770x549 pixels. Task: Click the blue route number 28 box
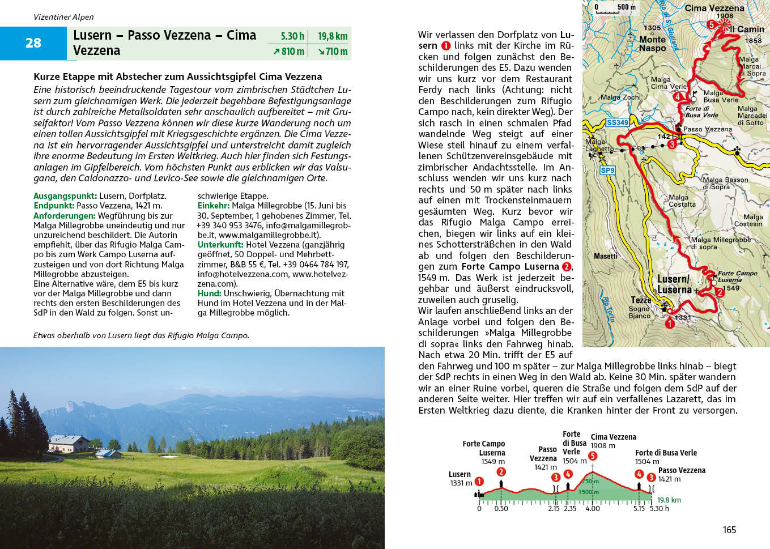pos(33,43)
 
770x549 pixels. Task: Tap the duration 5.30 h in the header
pos(292,36)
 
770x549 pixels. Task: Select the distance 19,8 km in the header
pos(333,36)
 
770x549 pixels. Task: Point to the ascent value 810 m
pos(288,52)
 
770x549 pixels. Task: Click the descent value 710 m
pos(333,52)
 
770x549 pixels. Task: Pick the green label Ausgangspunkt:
pos(65,196)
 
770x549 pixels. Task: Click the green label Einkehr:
pos(214,206)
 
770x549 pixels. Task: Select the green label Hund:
pos(209,293)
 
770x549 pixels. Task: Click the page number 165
pos(729,530)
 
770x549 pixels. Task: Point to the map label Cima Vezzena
pos(714,8)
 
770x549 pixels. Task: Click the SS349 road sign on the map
pos(617,122)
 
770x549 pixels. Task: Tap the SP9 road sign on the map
pos(607,170)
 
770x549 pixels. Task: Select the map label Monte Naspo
pos(652,44)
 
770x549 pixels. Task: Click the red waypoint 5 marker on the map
pos(712,24)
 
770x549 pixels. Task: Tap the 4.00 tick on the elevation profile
pos(593,508)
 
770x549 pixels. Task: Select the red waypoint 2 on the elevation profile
pos(501,471)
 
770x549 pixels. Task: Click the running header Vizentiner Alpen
pos(63,17)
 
